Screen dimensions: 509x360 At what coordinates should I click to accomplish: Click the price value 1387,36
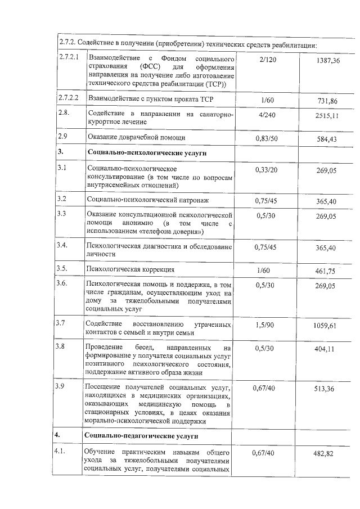pyautogui.click(x=328, y=60)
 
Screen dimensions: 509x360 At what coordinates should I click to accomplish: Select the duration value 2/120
pyautogui.click(x=264, y=59)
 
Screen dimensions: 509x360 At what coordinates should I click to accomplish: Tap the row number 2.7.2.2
pyautogui.click(x=70, y=98)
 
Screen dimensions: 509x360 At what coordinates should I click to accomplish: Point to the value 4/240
pyautogui.click(x=263, y=115)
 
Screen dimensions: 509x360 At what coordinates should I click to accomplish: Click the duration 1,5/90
pyautogui.click(x=264, y=325)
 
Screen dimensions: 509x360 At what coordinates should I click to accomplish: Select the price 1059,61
pyautogui.click(x=327, y=326)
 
